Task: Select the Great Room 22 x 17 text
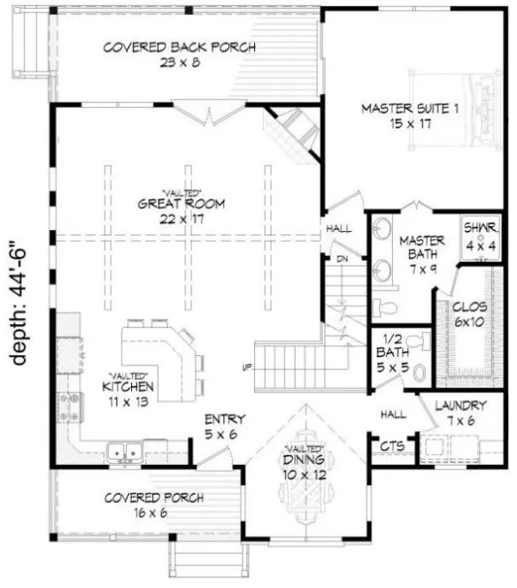click(x=181, y=210)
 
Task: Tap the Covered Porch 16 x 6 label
click(x=155, y=506)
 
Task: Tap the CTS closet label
click(x=390, y=448)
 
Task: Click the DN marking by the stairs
click(x=340, y=259)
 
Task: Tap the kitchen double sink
click(x=125, y=453)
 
